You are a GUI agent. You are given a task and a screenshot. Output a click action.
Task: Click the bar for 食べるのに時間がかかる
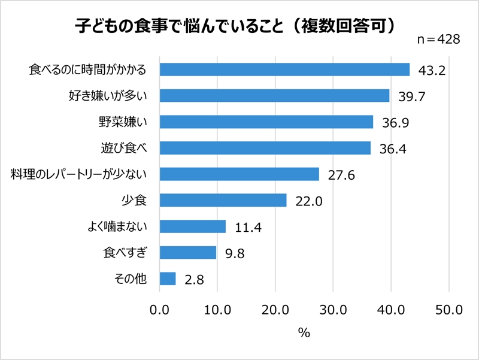284,69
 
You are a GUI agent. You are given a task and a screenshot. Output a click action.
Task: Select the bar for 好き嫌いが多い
274,96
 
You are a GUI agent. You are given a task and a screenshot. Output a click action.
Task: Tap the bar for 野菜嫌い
266,122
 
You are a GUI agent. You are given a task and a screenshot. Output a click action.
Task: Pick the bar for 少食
223,199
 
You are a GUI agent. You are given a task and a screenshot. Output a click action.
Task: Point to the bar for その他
168,279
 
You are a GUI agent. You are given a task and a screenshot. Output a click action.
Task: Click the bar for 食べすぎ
187,252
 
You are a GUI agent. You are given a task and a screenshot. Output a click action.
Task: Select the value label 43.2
432,71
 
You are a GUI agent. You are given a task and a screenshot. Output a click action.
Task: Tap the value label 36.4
393,149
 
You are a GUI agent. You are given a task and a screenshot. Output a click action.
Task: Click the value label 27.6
341,175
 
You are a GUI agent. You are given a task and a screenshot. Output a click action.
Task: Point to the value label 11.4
248,228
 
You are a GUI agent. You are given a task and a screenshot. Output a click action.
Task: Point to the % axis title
304,334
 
